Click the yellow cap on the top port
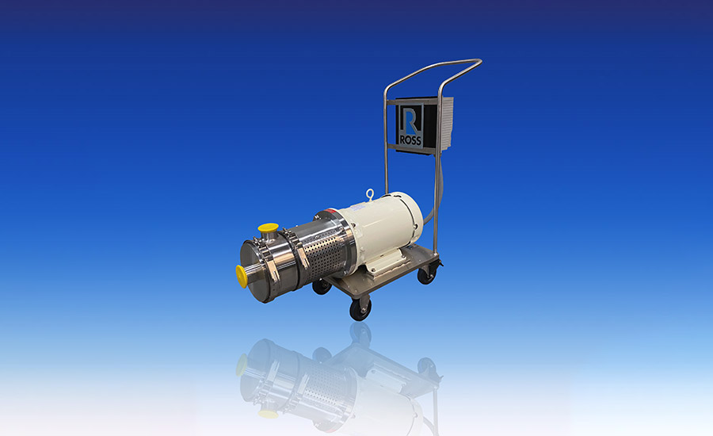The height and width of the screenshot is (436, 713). [268, 227]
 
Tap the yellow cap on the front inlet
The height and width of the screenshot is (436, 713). [242, 276]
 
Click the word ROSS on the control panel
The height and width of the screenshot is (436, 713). [410, 140]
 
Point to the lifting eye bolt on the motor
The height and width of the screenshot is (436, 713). [370, 195]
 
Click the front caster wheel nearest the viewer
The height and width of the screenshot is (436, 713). [360, 309]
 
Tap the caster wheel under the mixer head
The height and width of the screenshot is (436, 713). [322, 287]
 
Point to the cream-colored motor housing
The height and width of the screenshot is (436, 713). [379, 228]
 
